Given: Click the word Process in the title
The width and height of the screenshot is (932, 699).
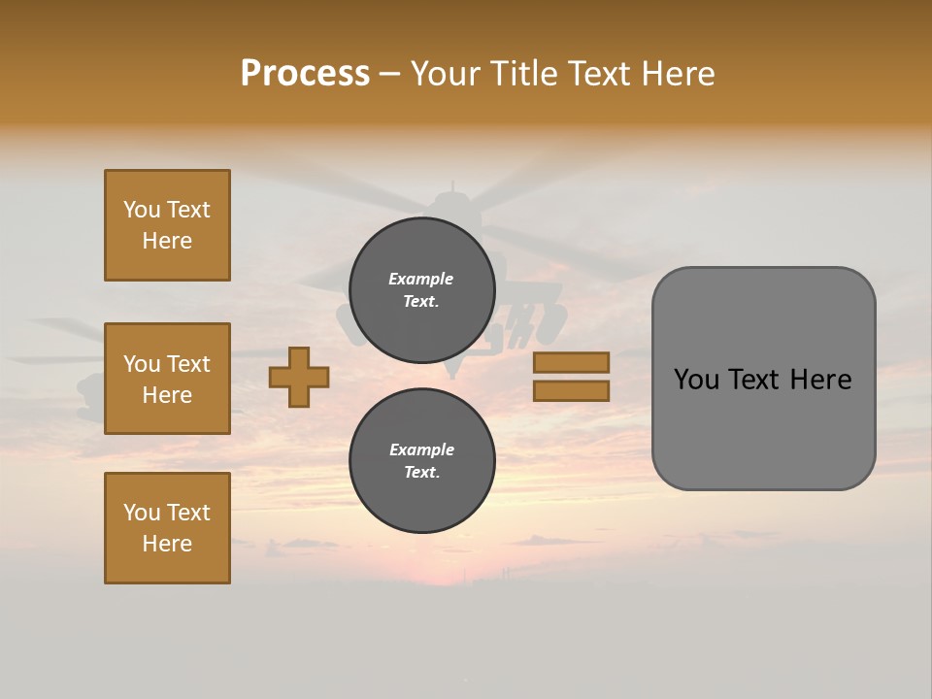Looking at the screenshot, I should pos(305,74).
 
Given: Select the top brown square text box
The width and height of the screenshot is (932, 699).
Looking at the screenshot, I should pos(167,225).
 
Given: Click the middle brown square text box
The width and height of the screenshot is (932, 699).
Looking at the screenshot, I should pos(167,379).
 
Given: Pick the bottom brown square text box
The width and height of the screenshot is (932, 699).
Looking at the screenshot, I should pos(167,528).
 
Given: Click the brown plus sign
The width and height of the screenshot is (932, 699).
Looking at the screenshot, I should pos(299,377).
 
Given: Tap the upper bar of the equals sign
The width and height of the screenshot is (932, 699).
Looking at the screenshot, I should pos(571,362).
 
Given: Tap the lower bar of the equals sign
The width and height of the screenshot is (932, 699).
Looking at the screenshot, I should pos(571,390).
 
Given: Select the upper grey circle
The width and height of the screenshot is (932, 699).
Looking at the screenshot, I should pos(421,290).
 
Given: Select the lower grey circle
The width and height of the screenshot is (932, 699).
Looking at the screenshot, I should pos(421,461).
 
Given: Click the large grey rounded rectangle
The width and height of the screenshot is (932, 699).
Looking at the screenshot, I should pos(763,379).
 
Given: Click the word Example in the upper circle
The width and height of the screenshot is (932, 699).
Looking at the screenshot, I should pos(420,279).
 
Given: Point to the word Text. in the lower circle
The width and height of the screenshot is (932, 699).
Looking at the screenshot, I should pos(421,473).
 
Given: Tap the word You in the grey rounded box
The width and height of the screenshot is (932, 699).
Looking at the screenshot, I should pos(696,380).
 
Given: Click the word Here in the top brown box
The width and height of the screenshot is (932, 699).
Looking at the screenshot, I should pos(167,241).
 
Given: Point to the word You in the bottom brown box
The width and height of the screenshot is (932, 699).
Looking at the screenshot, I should pos(142,513).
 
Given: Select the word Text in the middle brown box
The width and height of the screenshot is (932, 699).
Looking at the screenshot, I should pos(188,364).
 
